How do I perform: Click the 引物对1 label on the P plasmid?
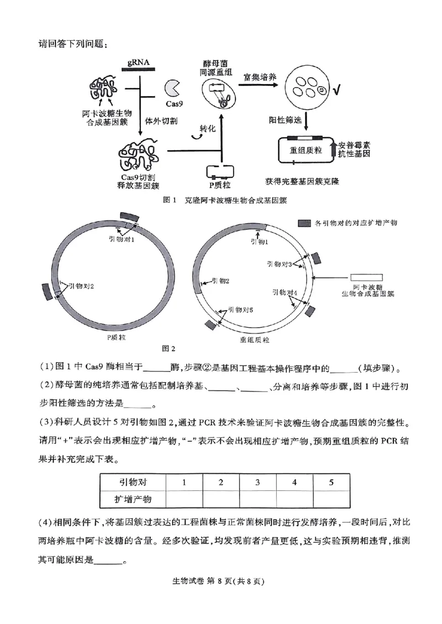(122, 238)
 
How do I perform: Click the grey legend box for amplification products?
(303, 223)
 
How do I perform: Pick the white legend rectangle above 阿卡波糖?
(366, 276)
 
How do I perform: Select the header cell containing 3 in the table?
(257, 482)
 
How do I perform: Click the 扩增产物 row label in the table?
(133, 499)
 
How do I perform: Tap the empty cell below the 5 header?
(331, 499)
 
